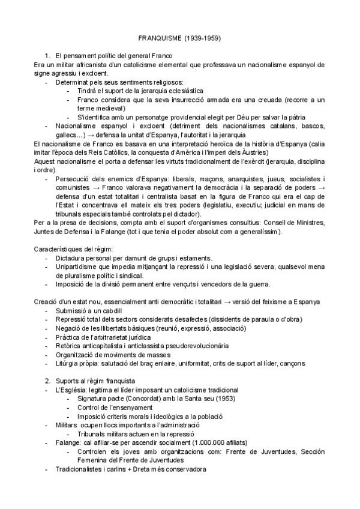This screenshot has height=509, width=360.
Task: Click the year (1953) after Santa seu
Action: tap(214, 399)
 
